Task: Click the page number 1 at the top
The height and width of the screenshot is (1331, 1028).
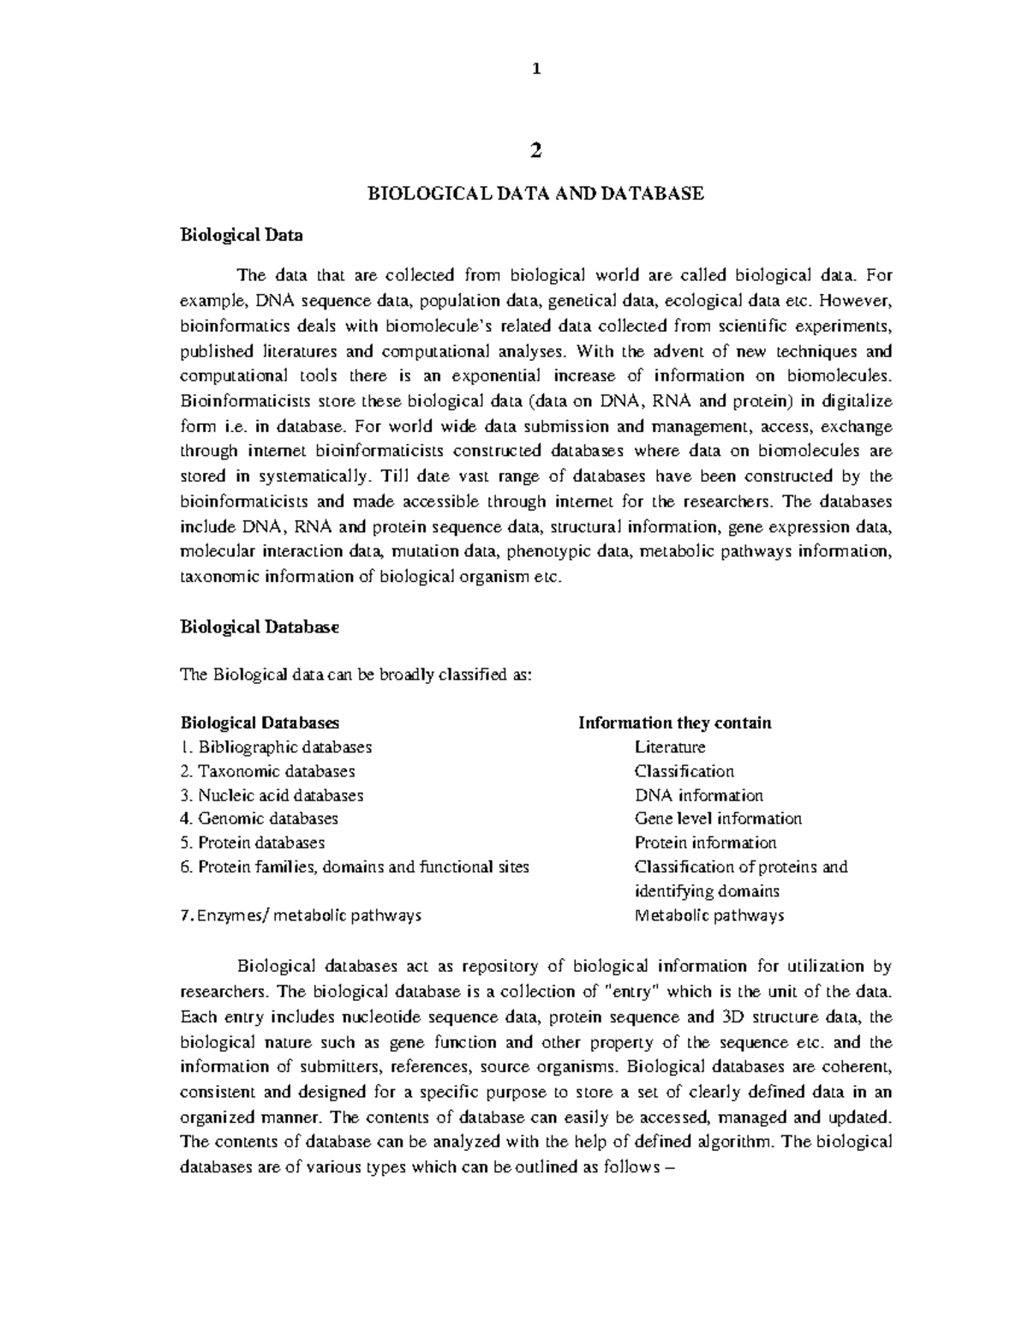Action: (536, 70)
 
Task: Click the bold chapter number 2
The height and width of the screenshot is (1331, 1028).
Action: (536, 151)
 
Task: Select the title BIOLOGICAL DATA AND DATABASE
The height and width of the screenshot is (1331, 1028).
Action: (535, 194)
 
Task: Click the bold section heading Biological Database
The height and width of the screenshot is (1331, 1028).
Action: (260, 627)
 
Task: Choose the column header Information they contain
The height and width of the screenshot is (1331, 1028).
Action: (675, 722)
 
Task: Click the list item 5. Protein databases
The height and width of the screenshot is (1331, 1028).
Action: (253, 842)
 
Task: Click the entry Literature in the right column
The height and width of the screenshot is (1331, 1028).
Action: (670, 746)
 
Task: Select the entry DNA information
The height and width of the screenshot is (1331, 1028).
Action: (698, 794)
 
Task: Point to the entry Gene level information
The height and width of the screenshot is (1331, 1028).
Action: (718, 818)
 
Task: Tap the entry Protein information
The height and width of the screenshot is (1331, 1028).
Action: (705, 842)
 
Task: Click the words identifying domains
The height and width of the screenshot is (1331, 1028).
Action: (707, 890)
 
